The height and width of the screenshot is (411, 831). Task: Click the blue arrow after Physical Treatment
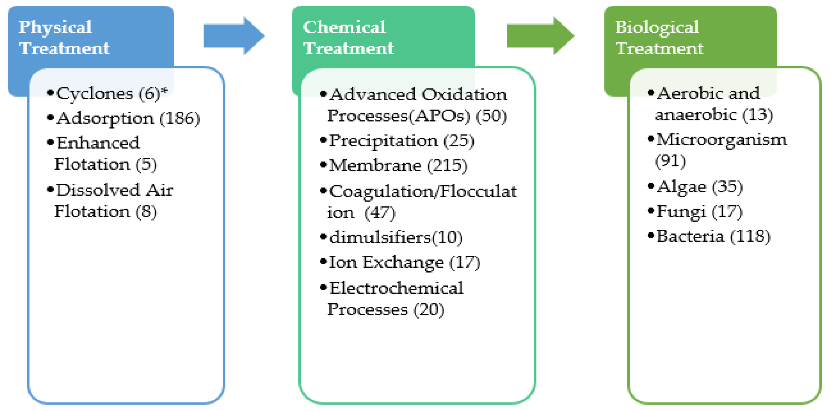pyautogui.click(x=234, y=36)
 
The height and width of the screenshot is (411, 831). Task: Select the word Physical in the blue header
pyautogui.click(x=55, y=27)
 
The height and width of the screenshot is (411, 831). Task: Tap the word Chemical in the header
pyautogui.click(x=344, y=27)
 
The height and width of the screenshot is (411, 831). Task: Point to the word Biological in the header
pyautogui.click(x=657, y=27)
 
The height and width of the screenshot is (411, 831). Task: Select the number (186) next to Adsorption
pyautogui.click(x=180, y=118)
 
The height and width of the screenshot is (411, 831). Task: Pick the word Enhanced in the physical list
pyautogui.click(x=98, y=143)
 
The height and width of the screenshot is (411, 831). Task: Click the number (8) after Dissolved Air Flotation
pyautogui.click(x=146, y=212)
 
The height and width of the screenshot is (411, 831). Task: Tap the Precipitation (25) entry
pyautogui.click(x=401, y=141)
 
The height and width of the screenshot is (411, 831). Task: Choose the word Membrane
pyautogui.click(x=375, y=166)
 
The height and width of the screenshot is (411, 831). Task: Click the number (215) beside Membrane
pyautogui.click(x=447, y=166)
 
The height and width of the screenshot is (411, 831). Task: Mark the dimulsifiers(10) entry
pyautogui.click(x=396, y=238)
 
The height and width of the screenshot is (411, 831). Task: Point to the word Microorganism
pyautogui.click(x=722, y=140)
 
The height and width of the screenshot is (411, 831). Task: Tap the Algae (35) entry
pyautogui.click(x=699, y=187)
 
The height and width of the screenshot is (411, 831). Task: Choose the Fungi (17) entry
pyautogui.click(x=699, y=212)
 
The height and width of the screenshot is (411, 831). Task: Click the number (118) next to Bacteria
pyautogui.click(x=750, y=236)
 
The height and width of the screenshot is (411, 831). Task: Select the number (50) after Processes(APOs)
pyautogui.click(x=491, y=116)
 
